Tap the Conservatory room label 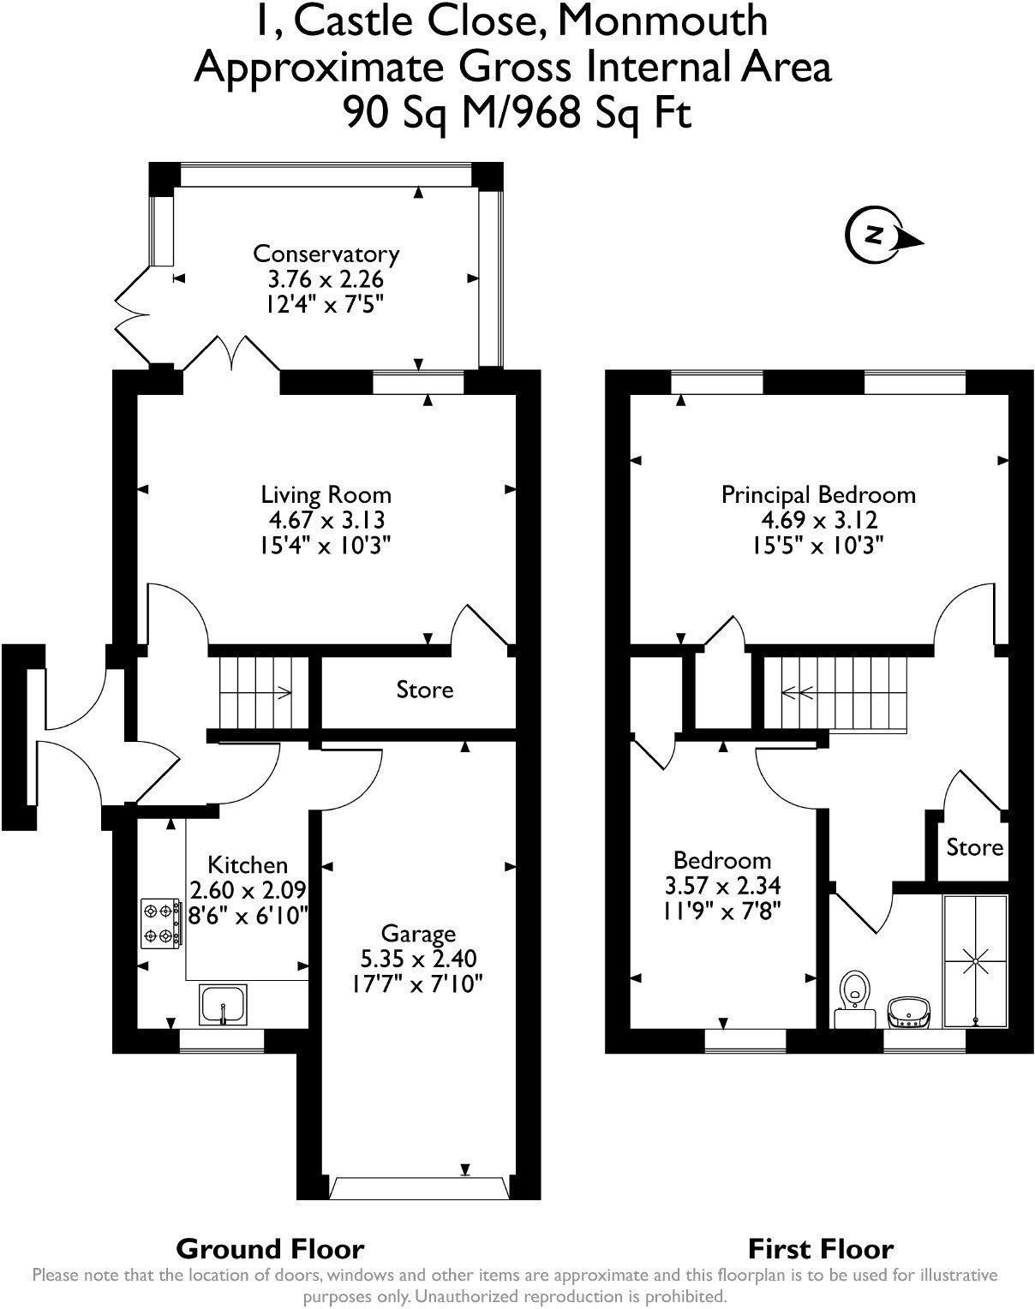[326, 254]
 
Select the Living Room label [326, 494]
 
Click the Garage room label [418, 933]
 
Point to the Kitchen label [248, 864]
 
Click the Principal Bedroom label [818, 494]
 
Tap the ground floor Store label [424, 690]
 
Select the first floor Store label [974, 847]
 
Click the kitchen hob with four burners [161, 923]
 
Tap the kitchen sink [223, 1004]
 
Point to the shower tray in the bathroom [975, 961]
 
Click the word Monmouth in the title [662, 21]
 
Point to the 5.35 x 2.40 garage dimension [418, 959]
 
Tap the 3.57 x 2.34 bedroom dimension [722, 885]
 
